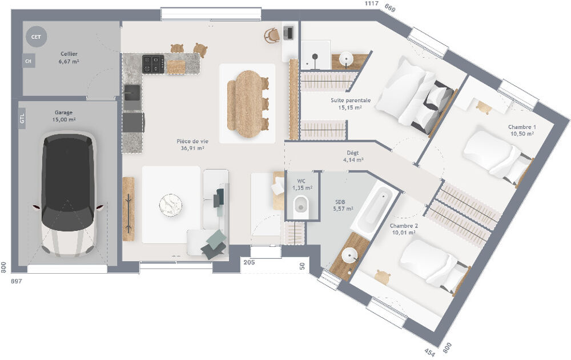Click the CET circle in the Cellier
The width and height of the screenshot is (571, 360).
pos(36,37)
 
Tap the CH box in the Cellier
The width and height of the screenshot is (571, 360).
pos(28,61)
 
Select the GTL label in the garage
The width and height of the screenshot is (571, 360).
pos(22,119)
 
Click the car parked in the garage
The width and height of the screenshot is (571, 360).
pos(68,193)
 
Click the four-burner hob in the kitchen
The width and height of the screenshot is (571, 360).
pos(153,63)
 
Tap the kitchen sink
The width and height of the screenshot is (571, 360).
pos(132,93)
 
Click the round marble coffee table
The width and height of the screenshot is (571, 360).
pos(170,204)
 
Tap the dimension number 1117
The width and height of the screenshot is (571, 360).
pos(372,4)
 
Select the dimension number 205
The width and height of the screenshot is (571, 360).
pos(249,262)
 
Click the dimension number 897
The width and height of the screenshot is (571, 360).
pos(19,281)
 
